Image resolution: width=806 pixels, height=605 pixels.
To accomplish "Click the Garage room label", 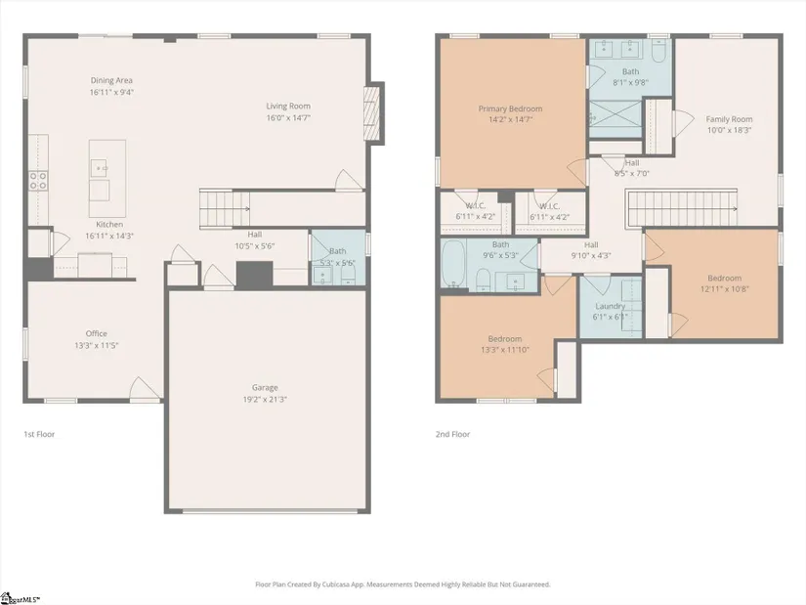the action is tap(265, 387).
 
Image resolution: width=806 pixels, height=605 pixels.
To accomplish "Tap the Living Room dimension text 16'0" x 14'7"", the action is tap(288, 118).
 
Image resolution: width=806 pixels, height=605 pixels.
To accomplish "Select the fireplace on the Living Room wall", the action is tap(371, 113).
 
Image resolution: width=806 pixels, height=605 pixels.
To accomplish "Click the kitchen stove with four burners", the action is tap(38, 181).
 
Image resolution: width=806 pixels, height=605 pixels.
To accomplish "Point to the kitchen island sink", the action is tap(99, 168).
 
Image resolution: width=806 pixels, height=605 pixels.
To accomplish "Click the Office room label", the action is tap(96, 333).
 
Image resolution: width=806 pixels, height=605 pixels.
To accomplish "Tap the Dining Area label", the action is tap(111, 80).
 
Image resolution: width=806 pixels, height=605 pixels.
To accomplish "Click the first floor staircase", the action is tap(224, 208).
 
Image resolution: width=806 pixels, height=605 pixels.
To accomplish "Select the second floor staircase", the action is tap(681, 208).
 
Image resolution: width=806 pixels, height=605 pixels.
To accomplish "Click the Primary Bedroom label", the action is tap(510, 108).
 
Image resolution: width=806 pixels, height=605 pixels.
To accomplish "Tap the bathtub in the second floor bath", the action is tap(453, 263).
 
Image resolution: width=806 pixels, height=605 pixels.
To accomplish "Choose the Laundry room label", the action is tap(611, 306).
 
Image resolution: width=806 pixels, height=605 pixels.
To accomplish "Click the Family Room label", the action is tap(729, 119).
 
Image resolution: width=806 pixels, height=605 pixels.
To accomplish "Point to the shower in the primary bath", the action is tap(615, 119).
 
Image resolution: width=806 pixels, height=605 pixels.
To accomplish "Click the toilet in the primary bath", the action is tap(658, 50).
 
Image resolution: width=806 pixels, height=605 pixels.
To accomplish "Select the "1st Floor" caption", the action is tap(39, 434).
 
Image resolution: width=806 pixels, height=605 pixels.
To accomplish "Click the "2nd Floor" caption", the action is tap(453, 434).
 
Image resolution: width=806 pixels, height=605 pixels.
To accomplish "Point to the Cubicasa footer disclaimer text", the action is tap(403, 584).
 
